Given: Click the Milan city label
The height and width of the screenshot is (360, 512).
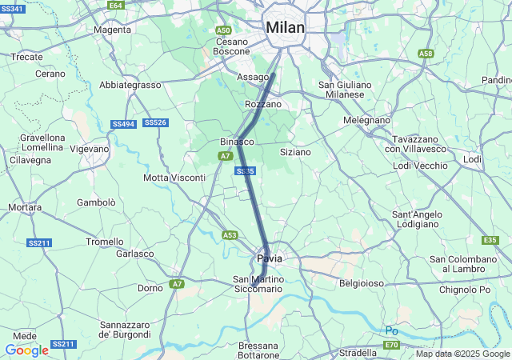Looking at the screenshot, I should (286, 27).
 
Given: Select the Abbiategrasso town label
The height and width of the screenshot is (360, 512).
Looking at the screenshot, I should (130, 84).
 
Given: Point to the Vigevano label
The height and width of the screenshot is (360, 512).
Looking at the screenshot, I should (89, 149).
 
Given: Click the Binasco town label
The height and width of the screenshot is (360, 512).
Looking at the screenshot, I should (237, 142).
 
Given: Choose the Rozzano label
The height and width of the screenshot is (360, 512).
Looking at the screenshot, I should (263, 104).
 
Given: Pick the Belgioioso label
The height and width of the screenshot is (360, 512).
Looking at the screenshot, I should (362, 283).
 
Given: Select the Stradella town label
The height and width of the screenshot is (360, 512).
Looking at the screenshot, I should (358, 352).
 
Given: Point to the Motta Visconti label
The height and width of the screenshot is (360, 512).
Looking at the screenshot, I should (174, 177).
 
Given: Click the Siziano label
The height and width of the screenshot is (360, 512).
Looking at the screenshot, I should (295, 151).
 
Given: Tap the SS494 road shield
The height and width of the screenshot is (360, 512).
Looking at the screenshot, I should (123, 124).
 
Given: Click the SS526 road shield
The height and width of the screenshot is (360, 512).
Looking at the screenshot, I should (155, 122).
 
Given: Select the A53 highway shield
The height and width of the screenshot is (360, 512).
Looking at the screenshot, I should (230, 235).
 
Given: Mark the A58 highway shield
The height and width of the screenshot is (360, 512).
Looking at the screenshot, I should (426, 54).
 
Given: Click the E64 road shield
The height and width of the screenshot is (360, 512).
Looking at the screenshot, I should (116, 5).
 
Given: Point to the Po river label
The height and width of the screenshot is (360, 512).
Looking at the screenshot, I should (391, 330).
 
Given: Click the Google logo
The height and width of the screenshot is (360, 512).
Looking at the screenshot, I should (26, 350).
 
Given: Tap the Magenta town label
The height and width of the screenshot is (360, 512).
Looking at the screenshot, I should (112, 30).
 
